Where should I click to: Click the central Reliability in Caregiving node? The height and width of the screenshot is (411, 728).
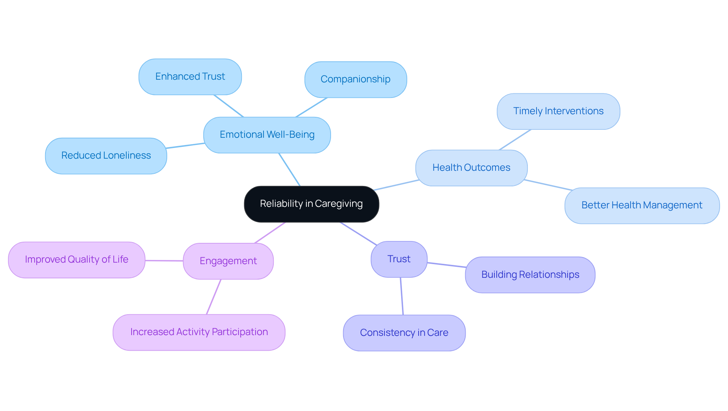[311, 204]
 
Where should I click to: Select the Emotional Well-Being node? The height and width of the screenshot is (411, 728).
[267, 135]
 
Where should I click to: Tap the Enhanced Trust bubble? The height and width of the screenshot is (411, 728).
[190, 77]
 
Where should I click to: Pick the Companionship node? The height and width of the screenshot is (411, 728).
[355, 79]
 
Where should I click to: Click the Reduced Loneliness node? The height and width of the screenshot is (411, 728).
[106, 156]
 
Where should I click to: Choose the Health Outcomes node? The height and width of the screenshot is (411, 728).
[471, 168]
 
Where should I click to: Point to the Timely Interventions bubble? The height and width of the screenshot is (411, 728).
[558, 111]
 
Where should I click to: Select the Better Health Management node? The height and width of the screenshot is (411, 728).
[642, 205]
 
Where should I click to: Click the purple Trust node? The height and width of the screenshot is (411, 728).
[399, 259]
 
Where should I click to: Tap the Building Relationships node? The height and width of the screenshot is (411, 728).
[530, 275]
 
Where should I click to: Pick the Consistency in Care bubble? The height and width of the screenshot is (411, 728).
[404, 333]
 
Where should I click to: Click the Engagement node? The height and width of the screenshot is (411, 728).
[228, 261]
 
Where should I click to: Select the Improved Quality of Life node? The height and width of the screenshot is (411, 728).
[77, 260]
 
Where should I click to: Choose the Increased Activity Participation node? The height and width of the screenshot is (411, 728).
[199, 332]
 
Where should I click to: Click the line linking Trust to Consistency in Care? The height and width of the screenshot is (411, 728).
[402, 296]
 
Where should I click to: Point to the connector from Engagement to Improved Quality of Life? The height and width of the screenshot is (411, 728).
[164, 261]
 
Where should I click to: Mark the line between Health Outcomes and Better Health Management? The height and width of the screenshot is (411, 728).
[548, 185]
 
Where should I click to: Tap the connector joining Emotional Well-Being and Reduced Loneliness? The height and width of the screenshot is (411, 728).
[185, 146]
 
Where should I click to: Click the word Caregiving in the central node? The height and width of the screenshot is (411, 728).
[339, 204]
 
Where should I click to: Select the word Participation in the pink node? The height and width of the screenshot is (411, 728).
[240, 332]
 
